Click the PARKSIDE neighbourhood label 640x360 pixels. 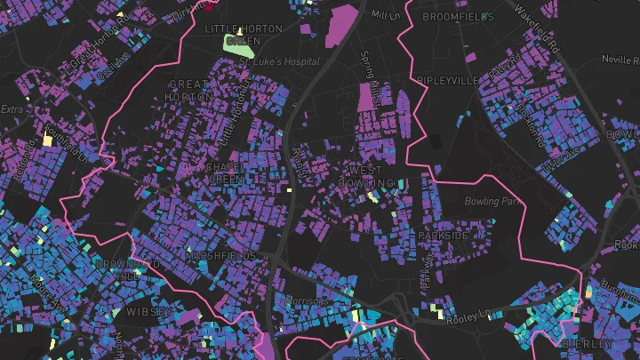[442, 236]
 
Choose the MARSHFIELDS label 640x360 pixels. [220, 255]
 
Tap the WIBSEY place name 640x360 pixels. [149, 312]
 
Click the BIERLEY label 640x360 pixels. [588, 343]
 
